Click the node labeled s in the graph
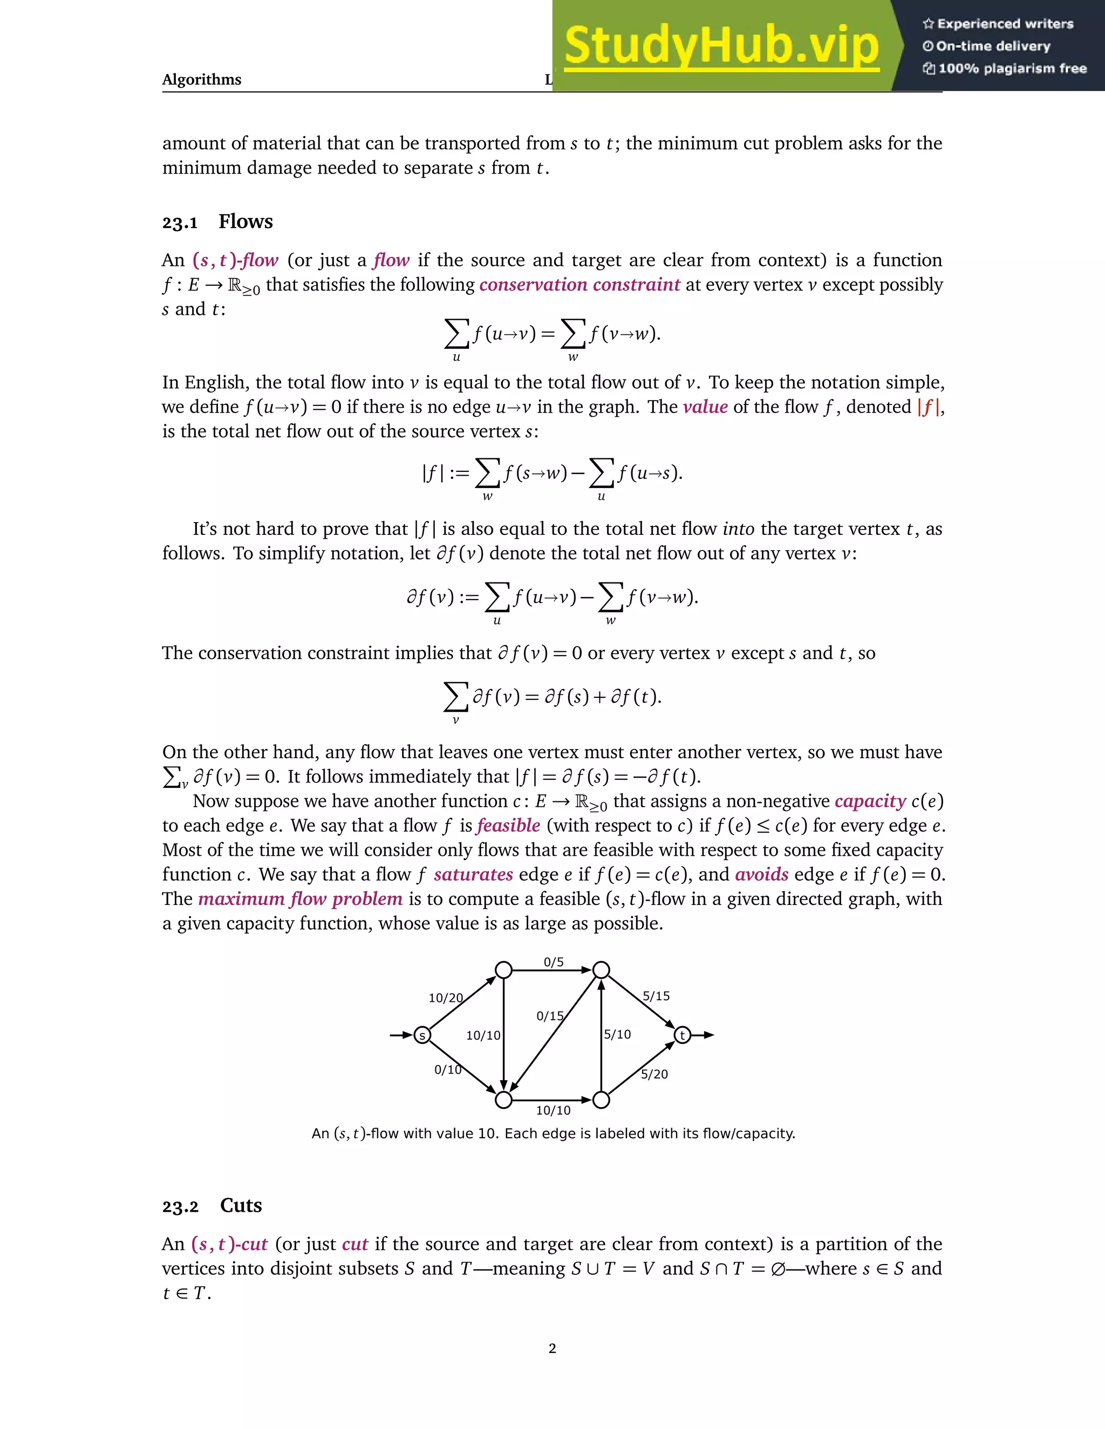tap(422, 1035)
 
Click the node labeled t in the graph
tap(682, 1035)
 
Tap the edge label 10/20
tap(446, 998)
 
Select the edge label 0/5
tap(553, 962)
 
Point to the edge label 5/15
tap(656, 996)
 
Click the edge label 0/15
tap(550, 1016)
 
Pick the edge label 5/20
tap(654, 1074)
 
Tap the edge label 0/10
tap(448, 1070)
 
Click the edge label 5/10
tap(617, 1034)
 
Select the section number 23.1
tap(180, 223)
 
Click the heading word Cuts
tap(241, 1205)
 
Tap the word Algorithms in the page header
tap(202, 80)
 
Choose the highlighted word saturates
tap(473, 875)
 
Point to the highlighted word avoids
tap(761, 875)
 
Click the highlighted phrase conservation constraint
tap(579, 285)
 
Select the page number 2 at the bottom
tap(552, 1349)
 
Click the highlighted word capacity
tap(870, 801)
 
